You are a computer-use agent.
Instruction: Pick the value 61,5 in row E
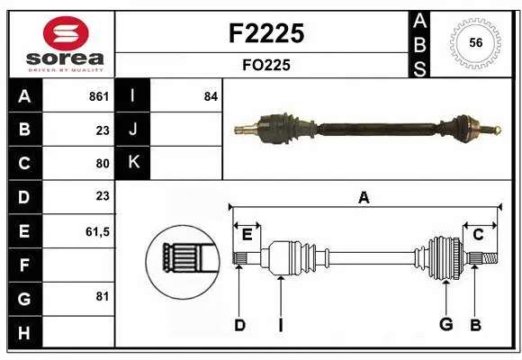[96, 231]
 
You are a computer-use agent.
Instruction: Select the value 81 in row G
[102, 296]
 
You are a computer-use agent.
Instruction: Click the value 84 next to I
[211, 96]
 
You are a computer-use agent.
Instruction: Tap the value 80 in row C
[102, 164]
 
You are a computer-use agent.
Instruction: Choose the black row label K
[133, 162]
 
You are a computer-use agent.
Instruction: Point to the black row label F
[24, 265]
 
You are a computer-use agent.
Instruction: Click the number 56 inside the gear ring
[476, 42]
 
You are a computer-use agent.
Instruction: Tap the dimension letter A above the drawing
[364, 197]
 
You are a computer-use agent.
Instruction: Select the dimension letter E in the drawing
[247, 235]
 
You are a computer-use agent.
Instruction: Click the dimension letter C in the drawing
[478, 235]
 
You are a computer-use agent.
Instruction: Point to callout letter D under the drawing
[239, 325]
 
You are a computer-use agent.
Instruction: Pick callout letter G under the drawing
[445, 325]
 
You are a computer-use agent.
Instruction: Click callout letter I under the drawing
[280, 325]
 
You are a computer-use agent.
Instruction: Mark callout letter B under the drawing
[476, 325]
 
